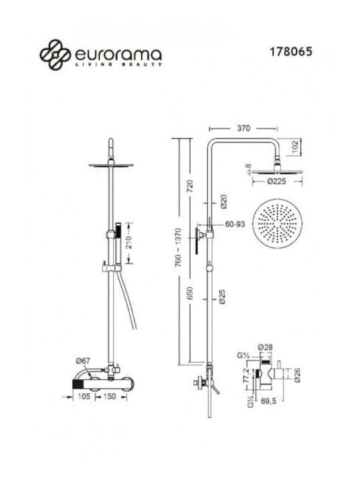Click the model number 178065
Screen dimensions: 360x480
click(x=291, y=51)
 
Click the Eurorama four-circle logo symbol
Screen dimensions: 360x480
click(x=55, y=55)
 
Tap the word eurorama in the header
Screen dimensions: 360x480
click(x=118, y=55)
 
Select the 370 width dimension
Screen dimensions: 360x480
click(x=243, y=128)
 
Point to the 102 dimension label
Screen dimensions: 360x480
click(x=295, y=147)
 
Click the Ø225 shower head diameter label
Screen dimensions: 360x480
click(x=277, y=181)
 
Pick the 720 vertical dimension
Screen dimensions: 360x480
click(x=190, y=186)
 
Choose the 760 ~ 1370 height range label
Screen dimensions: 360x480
click(x=178, y=247)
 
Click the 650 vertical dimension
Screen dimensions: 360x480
click(x=190, y=293)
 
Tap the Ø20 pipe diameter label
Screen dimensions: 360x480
click(x=224, y=201)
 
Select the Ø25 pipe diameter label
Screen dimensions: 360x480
click(x=222, y=297)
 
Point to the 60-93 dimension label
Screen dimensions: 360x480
click(x=235, y=224)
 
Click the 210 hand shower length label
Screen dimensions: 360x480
click(x=129, y=243)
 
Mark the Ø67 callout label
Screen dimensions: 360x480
click(x=83, y=361)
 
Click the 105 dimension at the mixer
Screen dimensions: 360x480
click(x=84, y=397)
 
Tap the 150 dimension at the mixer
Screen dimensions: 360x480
click(x=109, y=397)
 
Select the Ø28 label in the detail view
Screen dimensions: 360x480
click(x=265, y=347)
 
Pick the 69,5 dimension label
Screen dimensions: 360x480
click(x=268, y=401)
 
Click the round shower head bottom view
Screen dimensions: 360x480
click(x=277, y=223)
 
